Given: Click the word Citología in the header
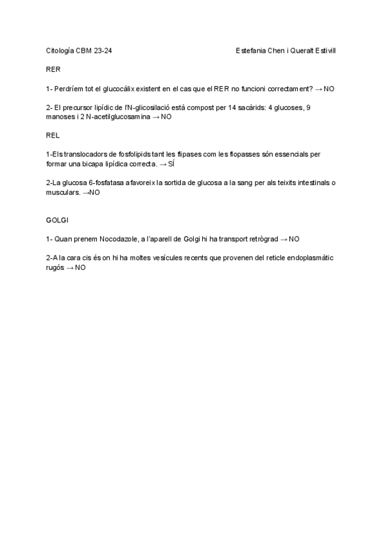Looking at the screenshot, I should [60, 49].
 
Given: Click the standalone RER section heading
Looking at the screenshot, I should [53, 69].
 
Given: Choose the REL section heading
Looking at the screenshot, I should [53, 136].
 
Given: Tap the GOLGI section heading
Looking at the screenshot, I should [56, 220].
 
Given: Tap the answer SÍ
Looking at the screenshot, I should [171, 165].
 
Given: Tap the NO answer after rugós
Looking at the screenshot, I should [80, 267].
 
